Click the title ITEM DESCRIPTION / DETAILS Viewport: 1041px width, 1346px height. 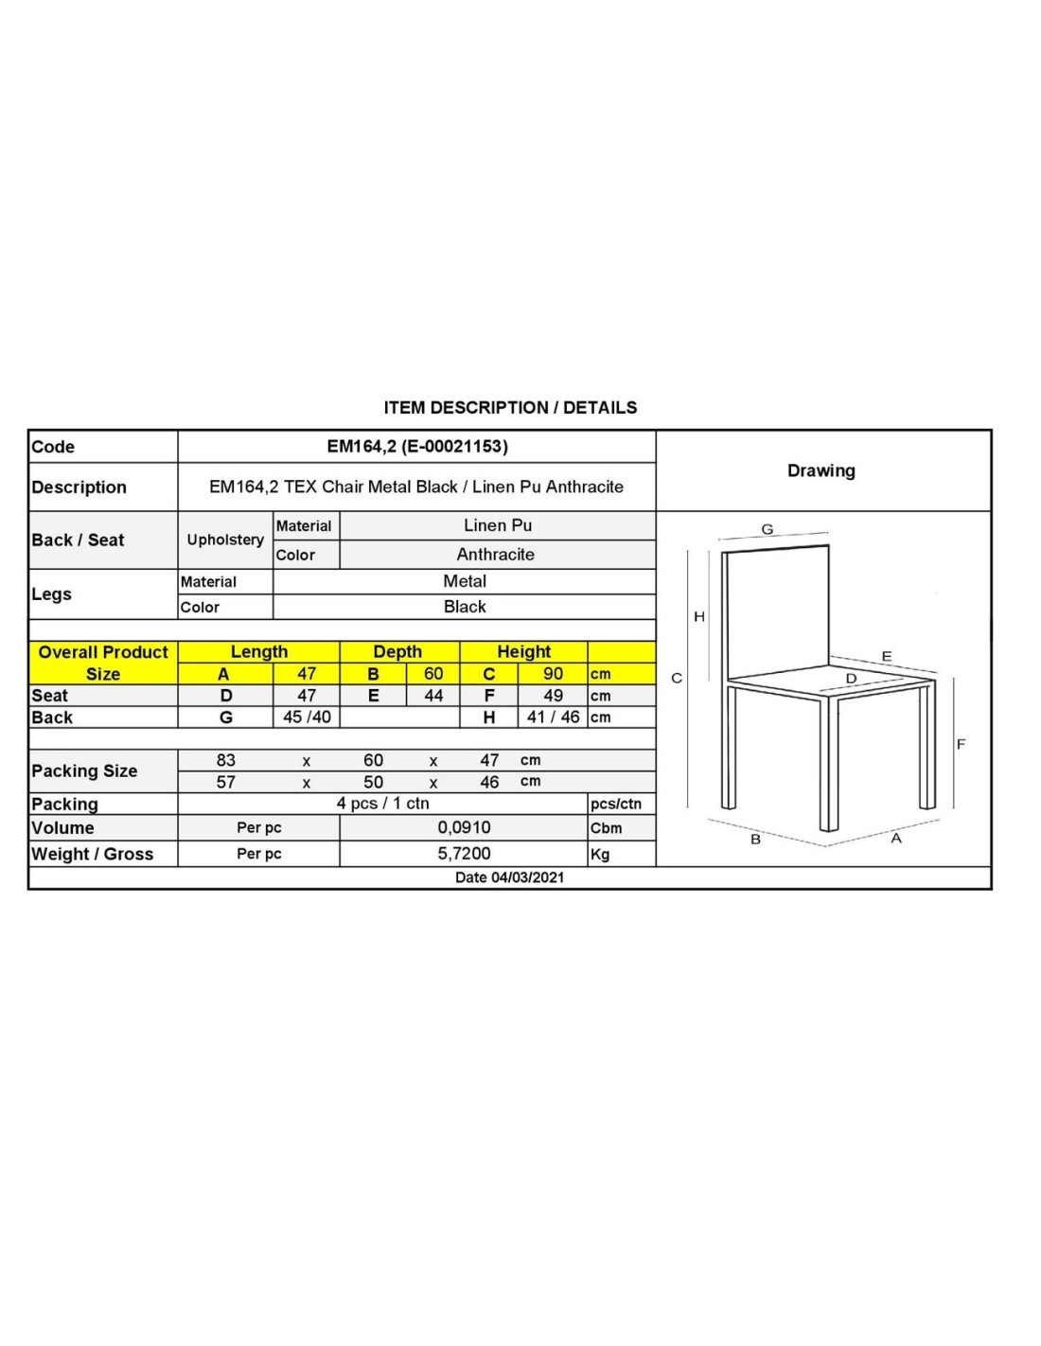[x=510, y=408]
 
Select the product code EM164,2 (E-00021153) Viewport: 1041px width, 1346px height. [x=417, y=447]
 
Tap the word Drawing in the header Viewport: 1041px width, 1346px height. [x=820, y=470]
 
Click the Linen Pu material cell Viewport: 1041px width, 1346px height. [x=498, y=525]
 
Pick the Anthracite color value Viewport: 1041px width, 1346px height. [x=495, y=555]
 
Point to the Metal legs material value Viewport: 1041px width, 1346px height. [x=465, y=581]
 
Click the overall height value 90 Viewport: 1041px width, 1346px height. [x=553, y=674]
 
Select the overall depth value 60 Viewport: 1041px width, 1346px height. [x=433, y=674]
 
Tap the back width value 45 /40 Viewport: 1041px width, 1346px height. [x=307, y=717]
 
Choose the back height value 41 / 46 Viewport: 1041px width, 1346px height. [x=553, y=717]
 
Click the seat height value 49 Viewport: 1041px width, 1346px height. [x=553, y=696]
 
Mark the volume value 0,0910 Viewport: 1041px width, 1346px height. [x=464, y=827]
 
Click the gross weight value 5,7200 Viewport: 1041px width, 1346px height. [x=464, y=854]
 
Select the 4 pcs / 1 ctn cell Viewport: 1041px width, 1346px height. [x=382, y=804]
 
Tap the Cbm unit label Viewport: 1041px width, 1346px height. [x=607, y=828]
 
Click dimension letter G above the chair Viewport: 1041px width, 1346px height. [x=768, y=530]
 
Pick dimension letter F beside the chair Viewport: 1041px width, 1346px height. [x=961, y=744]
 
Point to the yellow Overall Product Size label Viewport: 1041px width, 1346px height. [x=103, y=663]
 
